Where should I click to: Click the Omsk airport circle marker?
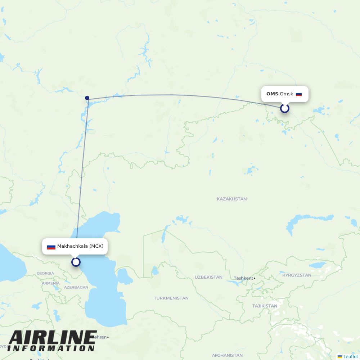pyautogui.click(x=285, y=108)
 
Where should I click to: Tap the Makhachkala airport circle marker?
pyautogui.click(x=76, y=262)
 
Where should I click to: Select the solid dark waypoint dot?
pyautogui.click(x=87, y=98)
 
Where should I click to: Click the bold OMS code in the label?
pyautogui.click(x=272, y=94)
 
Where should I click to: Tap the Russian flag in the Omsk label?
pyautogui.click(x=299, y=94)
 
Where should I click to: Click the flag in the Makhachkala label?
pyautogui.click(x=51, y=247)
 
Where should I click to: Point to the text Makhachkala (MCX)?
pyautogui.click(x=80, y=246)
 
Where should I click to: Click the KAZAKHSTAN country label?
pyautogui.click(x=231, y=199)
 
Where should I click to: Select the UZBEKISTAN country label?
pyautogui.click(x=208, y=277)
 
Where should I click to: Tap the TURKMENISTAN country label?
pyautogui.click(x=171, y=298)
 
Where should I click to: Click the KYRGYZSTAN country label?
pyautogui.click(x=297, y=275)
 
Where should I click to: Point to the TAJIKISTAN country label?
pyautogui.click(x=265, y=306)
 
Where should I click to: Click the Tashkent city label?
pyautogui.click(x=243, y=278)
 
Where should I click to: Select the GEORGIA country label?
pyautogui.click(x=45, y=273)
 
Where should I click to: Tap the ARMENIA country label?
pyautogui.click(x=50, y=283)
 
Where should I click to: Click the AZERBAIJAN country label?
pyautogui.click(x=76, y=287)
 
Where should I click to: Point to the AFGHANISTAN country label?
pyautogui.click(x=227, y=355)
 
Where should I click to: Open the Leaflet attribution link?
pyautogui.click(x=350, y=356)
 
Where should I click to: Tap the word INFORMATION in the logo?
pyautogui.click(x=51, y=348)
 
